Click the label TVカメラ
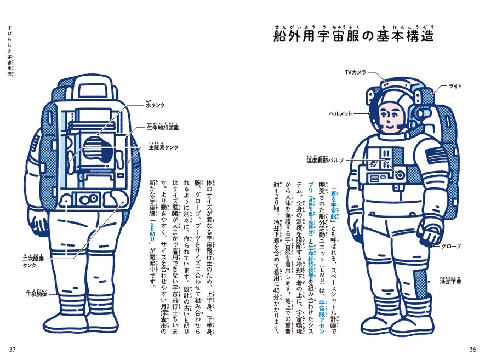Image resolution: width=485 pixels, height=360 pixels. [x=355, y=72]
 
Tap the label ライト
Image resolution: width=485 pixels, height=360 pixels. [x=455, y=86]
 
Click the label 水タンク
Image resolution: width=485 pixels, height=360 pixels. [x=156, y=104]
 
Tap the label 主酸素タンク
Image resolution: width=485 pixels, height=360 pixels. [x=163, y=147]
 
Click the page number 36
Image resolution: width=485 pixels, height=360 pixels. [x=473, y=350]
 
